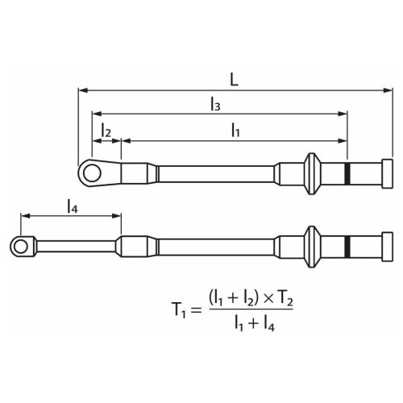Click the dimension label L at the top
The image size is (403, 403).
233,81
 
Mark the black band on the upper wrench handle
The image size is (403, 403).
347,172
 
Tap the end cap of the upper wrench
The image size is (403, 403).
386,172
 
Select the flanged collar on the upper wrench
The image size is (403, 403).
310,172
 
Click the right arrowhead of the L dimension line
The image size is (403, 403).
389,90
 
